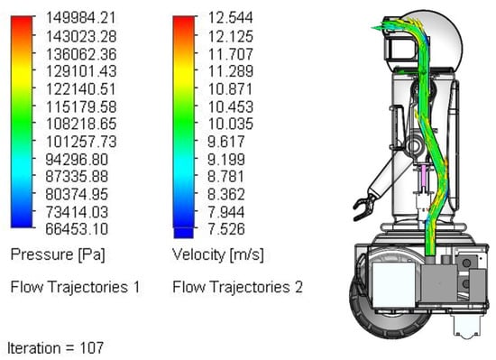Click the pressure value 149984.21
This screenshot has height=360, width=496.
click(x=81, y=17)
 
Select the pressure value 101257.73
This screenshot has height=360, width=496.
click(x=81, y=142)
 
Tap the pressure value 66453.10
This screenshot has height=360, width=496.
click(x=77, y=228)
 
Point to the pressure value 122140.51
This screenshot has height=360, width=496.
click(x=81, y=88)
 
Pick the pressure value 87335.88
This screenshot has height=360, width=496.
click(x=77, y=176)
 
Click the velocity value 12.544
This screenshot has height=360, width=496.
click(x=231, y=17)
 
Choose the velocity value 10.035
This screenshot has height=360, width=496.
click(x=231, y=124)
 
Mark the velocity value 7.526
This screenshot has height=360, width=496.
click(x=226, y=228)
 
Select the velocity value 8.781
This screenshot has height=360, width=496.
click(x=226, y=176)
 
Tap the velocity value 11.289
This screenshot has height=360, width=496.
click(x=231, y=71)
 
